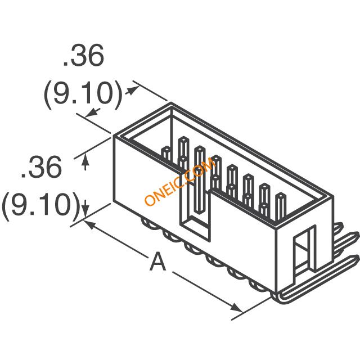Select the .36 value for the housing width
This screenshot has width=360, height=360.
[84, 55]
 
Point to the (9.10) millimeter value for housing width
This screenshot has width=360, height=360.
[83, 95]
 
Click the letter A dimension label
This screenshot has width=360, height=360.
[157, 261]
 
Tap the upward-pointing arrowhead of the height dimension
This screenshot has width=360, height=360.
[85, 159]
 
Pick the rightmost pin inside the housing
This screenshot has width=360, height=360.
[281, 206]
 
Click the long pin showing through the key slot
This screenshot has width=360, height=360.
[199, 179]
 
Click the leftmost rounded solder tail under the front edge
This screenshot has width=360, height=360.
[148, 224]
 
